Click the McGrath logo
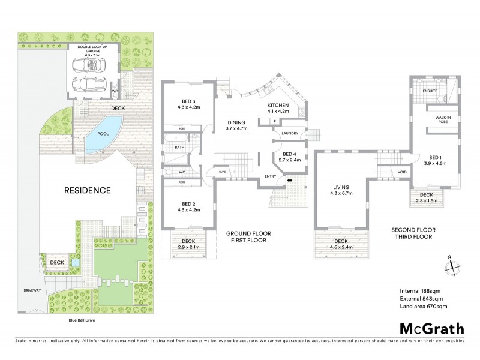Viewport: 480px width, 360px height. (431, 328)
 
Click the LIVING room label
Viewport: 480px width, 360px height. (341, 190)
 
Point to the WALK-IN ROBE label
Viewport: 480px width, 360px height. (443, 120)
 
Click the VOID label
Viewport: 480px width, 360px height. (402, 173)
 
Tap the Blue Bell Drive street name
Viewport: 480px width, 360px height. (82, 320)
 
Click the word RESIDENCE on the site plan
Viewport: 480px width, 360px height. (87, 191)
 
